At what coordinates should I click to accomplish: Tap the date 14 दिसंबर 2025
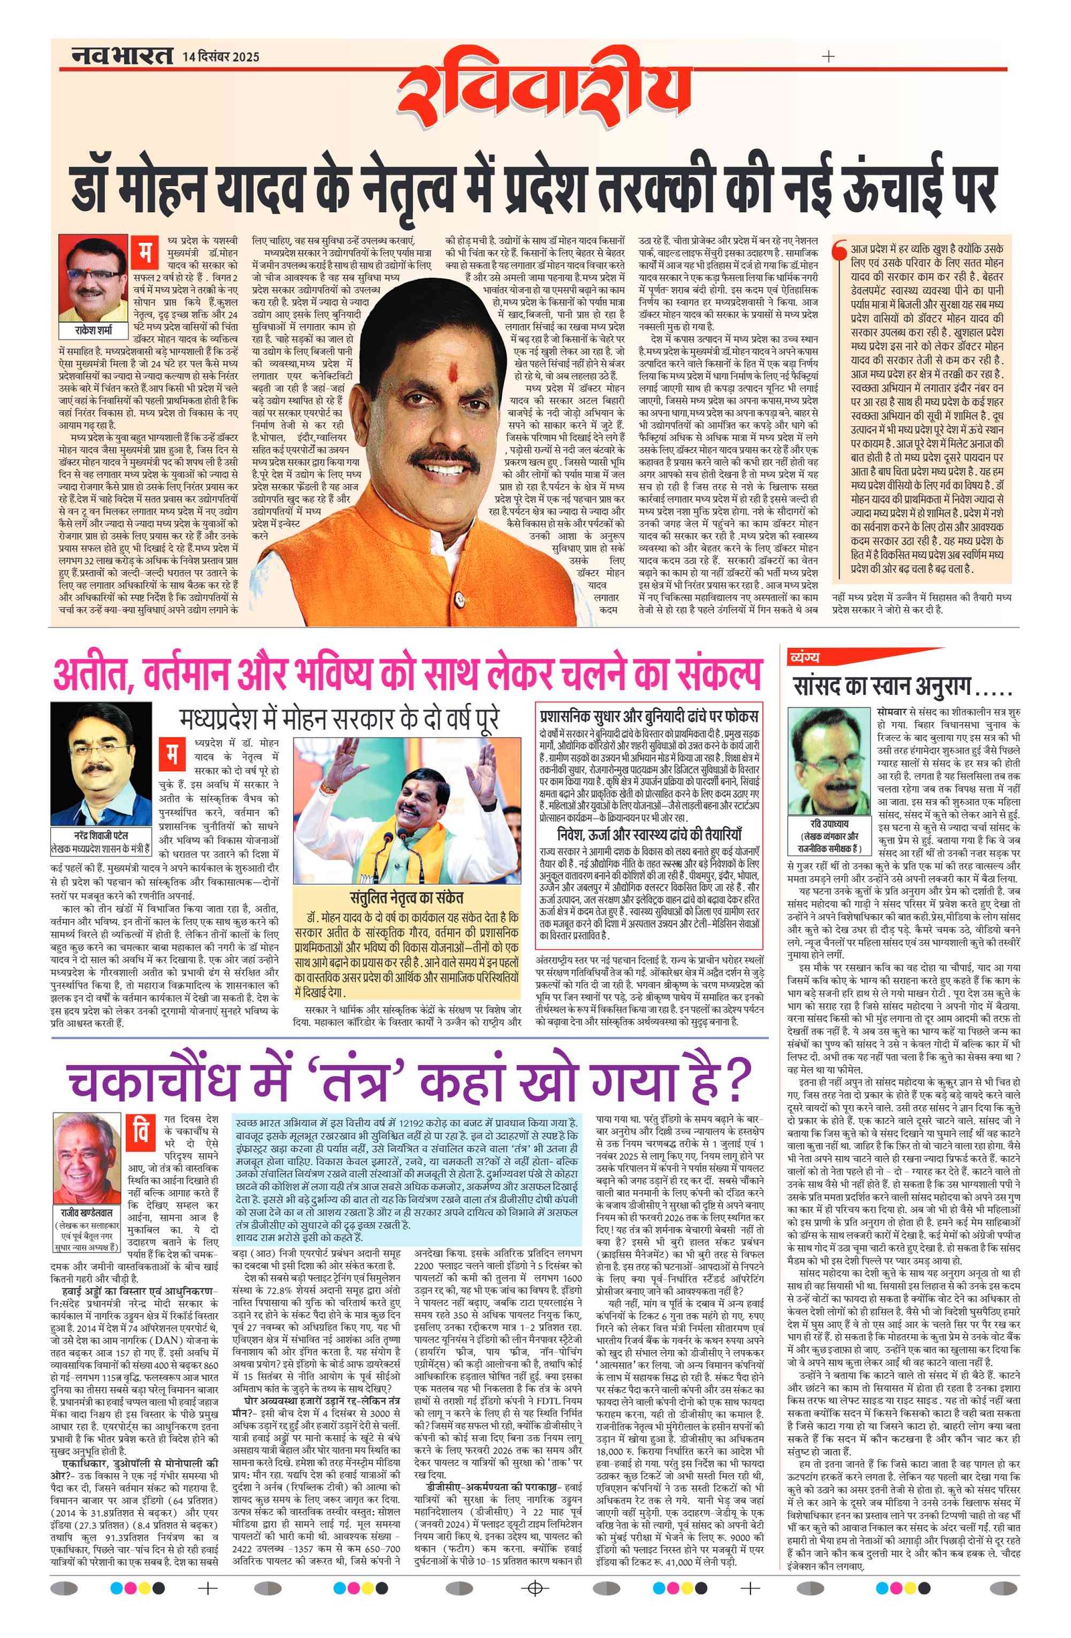[x=221, y=57]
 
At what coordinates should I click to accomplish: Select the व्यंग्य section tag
[x=807, y=659]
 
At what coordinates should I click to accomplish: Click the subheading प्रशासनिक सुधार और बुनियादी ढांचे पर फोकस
[x=649, y=712]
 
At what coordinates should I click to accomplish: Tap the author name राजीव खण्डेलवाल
[x=87, y=1210]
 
